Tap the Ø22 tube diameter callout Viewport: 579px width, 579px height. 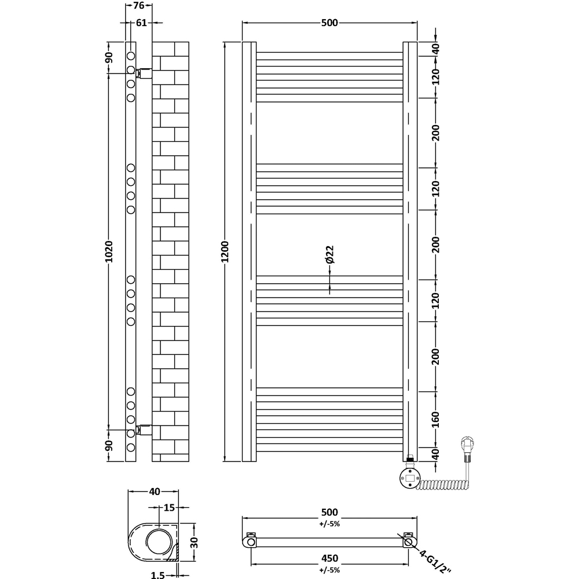(x=329, y=255)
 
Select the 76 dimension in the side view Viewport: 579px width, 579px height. (x=139, y=6)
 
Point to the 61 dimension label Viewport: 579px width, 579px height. (x=141, y=23)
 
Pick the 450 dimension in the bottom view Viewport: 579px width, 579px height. (x=329, y=559)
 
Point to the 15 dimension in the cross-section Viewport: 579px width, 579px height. (x=168, y=508)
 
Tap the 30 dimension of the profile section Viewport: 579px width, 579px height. (x=195, y=543)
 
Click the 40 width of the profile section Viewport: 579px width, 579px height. (x=154, y=492)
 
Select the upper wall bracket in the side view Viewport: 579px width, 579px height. (x=145, y=73)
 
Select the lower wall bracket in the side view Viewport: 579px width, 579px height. (x=145, y=430)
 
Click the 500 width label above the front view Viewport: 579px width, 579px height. (x=328, y=23)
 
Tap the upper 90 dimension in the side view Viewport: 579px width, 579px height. (x=109, y=58)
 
